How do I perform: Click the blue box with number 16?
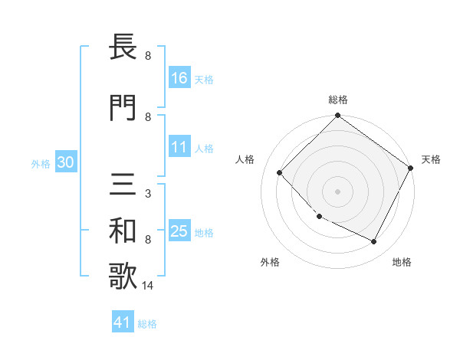pos(179,78)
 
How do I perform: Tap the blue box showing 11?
pos(179,148)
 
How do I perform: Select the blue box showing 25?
pos(179,231)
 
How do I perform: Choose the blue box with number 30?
pos(65,162)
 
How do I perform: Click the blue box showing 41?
pos(123,323)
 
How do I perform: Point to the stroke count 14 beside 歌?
pos(148,286)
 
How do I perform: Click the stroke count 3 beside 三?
pos(147,195)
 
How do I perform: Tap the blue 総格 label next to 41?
pos(147,324)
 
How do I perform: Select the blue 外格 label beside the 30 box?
pos(41,163)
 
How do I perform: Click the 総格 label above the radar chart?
pos(337,100)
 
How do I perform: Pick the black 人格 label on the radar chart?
pos(245,159)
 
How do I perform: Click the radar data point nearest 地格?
pos(374,242)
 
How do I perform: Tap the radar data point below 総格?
pos(337,116)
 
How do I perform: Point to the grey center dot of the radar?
pos(337,191)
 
